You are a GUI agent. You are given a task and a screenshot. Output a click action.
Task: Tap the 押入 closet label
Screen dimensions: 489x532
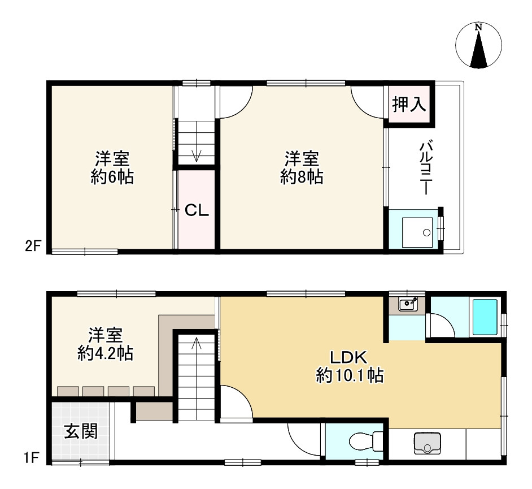pyautogui.click(x=409, y=105)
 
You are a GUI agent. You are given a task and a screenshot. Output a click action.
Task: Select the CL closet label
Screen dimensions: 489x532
pyautogui.click(x=198, y=211)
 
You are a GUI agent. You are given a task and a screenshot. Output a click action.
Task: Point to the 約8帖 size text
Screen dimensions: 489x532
pyautogui.click(x=302, y=178)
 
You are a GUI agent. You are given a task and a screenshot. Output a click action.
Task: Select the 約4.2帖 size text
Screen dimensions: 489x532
pyautogui.click(x=105, y=354)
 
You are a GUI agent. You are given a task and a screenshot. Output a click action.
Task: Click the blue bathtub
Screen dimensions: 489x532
pyautogui.click(x=485, y=318)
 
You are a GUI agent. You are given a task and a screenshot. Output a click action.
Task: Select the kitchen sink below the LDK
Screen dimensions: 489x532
pyautogui.click(x=427, y=443)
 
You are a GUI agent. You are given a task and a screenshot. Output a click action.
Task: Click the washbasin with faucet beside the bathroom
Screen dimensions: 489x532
pyautogui.click(x=408, y=305)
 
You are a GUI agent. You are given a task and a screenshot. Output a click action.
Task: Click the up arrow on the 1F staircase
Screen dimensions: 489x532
pyautogui.click(x=197, y=342)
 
